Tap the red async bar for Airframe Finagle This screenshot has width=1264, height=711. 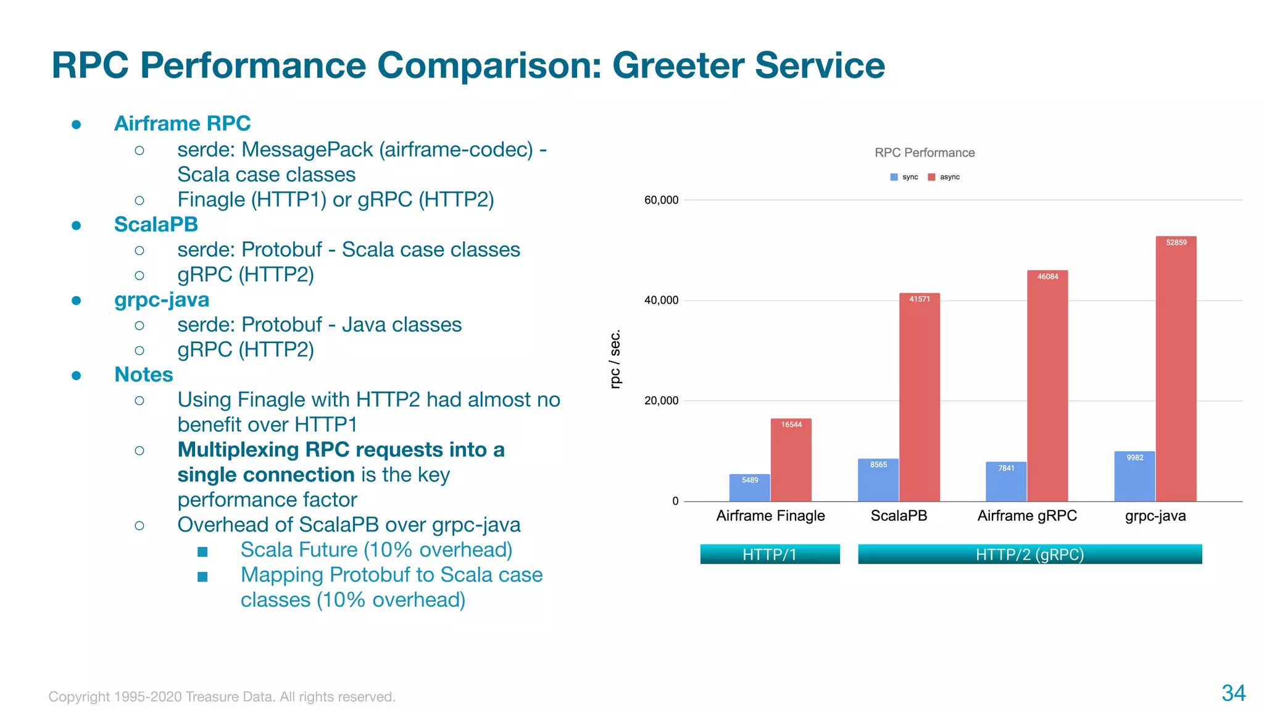point(791,463)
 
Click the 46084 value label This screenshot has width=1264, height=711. point(1047,276)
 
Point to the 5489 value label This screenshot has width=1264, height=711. point(750,480)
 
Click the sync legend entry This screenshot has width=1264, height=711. point(905,177)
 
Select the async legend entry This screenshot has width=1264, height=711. point(944,177)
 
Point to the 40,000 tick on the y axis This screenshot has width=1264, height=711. point(661,301)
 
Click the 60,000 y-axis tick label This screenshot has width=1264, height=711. point(661,200)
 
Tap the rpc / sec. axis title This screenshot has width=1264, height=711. point(615,360)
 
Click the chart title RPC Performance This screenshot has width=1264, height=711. point(924,152)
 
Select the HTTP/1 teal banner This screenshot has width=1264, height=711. point(770,554)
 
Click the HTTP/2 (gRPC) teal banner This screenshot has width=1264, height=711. point(1029,554)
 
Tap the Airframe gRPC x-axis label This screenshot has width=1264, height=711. point(1027,516)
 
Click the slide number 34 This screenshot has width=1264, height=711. point(1233,693)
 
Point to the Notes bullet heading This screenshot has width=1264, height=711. point(143,375)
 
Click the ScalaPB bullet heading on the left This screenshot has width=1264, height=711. point(156,225)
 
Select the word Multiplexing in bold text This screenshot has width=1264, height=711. point(238,450)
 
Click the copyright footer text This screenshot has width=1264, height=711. point(222,697)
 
